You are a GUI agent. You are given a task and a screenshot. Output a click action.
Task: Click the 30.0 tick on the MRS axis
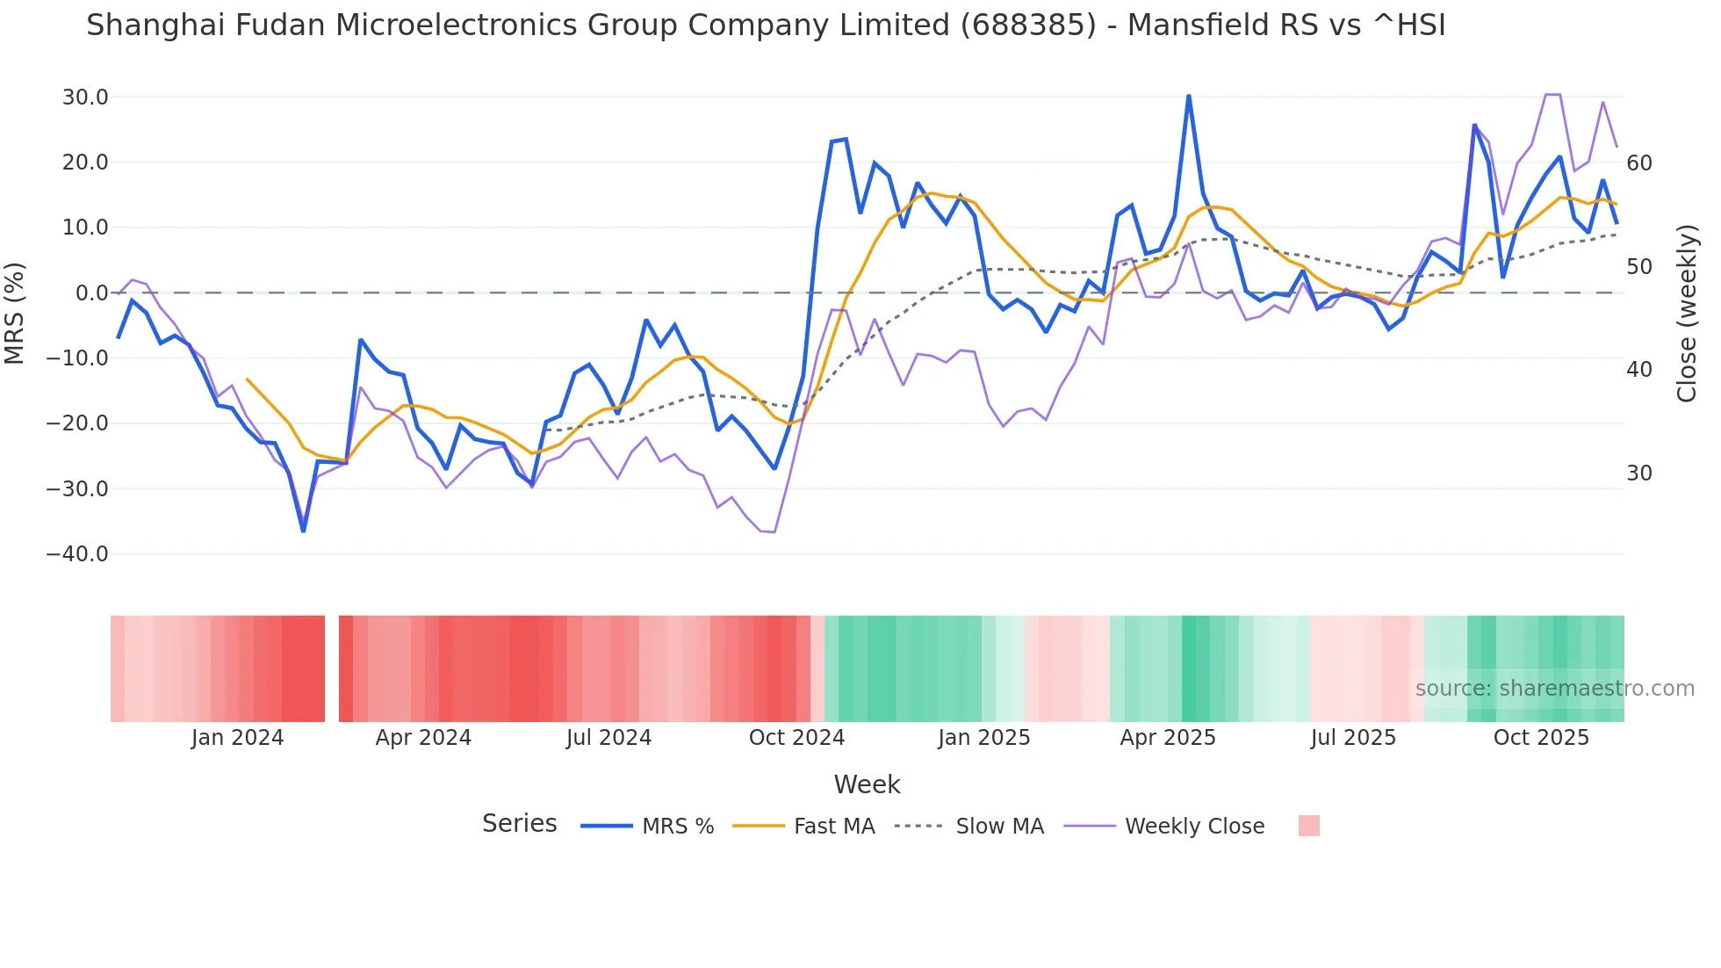84,98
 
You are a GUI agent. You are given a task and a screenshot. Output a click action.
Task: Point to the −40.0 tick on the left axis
77,554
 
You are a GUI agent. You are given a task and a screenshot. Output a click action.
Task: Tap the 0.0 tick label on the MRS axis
91,293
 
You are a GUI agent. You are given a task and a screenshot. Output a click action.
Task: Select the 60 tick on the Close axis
1639,163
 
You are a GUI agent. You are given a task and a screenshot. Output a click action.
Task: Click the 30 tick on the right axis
1639,473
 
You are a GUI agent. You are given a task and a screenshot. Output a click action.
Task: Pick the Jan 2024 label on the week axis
237,738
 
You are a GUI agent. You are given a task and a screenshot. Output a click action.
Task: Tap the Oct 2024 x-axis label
796,738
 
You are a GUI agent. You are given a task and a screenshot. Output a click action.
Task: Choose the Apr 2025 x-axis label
1168,738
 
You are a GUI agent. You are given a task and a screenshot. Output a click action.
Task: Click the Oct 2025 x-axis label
1541,738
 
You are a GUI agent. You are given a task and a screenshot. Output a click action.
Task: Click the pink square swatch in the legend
1308,826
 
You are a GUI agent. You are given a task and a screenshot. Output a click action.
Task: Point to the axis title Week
867,784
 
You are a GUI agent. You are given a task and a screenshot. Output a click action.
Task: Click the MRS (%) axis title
15,313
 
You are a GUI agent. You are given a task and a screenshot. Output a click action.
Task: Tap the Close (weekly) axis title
1686,313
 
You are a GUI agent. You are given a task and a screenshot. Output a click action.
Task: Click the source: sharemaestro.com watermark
1554,689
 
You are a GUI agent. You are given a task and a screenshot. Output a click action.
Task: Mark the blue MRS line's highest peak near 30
1189,96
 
